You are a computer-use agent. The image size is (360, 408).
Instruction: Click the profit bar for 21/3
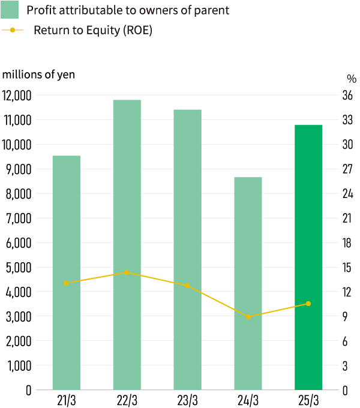67,273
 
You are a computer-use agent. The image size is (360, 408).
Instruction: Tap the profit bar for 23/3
187,250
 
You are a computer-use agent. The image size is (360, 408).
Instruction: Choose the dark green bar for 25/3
308,257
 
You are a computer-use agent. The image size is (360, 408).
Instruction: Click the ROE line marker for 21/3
67,283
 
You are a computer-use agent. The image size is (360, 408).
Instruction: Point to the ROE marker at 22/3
127,272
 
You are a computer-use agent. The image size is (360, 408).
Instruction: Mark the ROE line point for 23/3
187,286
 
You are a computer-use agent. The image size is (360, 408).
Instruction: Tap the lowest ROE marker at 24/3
248,316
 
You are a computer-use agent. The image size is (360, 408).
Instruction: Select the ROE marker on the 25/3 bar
308,304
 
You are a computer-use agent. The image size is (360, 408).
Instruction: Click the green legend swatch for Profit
11,10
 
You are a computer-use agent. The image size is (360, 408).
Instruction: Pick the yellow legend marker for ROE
13,30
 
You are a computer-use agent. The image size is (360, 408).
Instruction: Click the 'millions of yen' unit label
39,74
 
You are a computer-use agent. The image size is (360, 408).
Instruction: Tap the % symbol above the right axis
351,79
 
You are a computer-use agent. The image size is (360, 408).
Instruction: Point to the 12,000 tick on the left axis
17,95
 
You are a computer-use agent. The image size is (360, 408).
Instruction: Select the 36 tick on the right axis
347,95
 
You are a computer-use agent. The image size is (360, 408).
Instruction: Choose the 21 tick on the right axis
347,218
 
